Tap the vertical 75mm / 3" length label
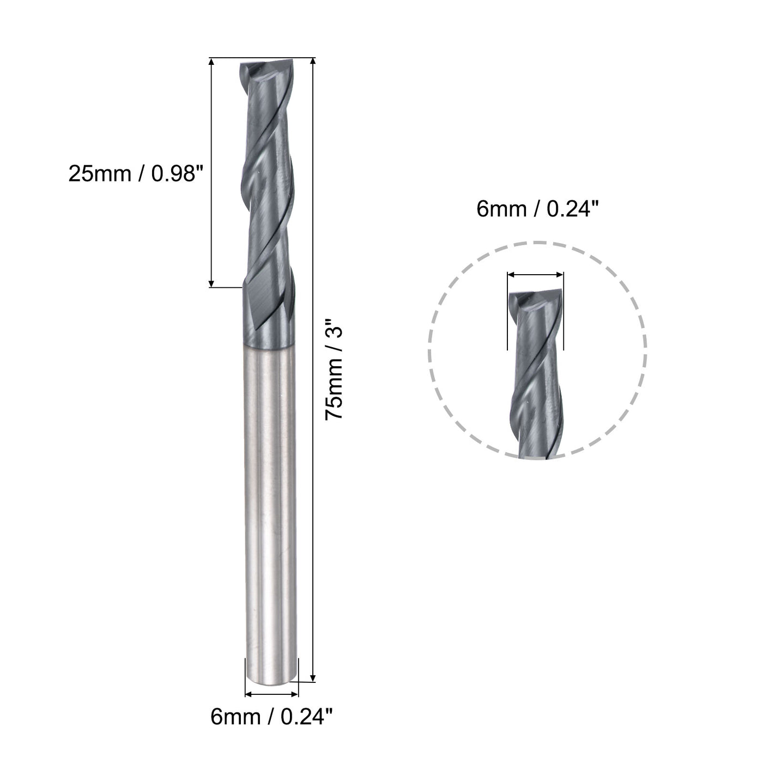tap(335, 369)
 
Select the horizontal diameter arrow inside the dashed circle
tap(535, 276)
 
